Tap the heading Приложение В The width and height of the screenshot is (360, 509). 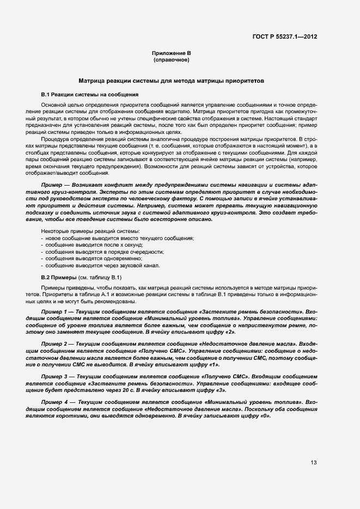pyautogui.click(x=171, y=53)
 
